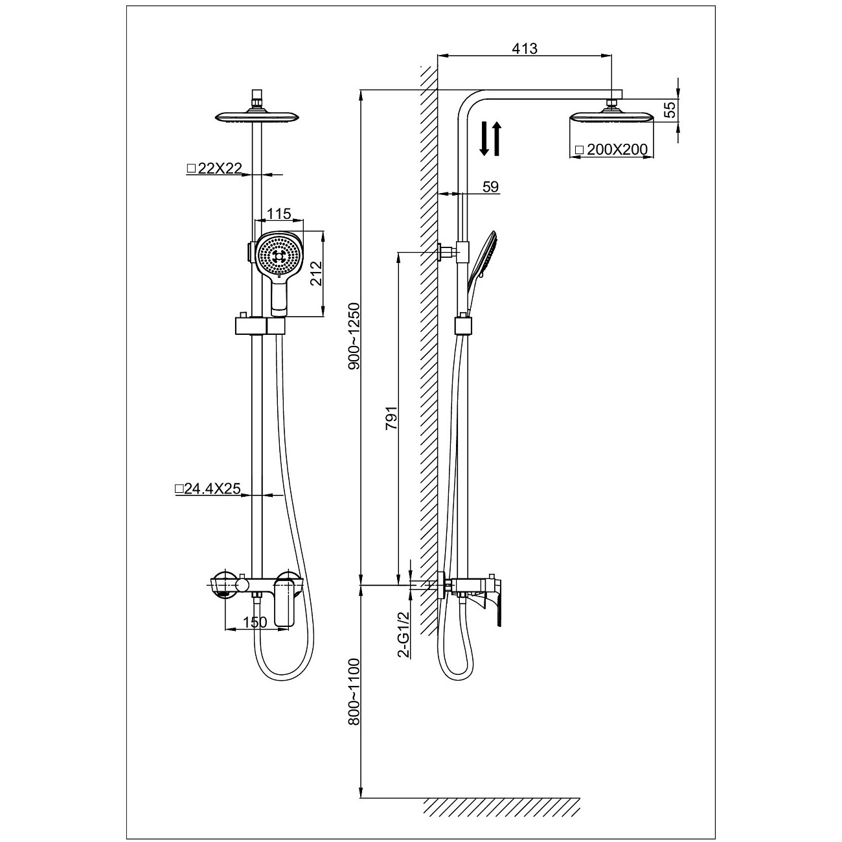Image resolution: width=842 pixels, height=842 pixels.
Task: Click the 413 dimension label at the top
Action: [525, 49]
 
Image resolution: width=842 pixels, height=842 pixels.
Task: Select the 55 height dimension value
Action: [671, 109]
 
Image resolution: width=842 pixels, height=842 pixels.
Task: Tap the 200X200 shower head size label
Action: [611, 150]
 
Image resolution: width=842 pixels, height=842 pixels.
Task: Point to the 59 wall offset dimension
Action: [491, 187]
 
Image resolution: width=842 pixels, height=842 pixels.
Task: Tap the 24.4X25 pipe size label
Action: [208, 490]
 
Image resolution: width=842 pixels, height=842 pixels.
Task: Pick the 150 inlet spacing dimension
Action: [255, 622]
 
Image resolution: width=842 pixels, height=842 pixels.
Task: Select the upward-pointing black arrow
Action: [497, 139]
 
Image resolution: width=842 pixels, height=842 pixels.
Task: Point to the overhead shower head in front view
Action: [256, 117]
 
